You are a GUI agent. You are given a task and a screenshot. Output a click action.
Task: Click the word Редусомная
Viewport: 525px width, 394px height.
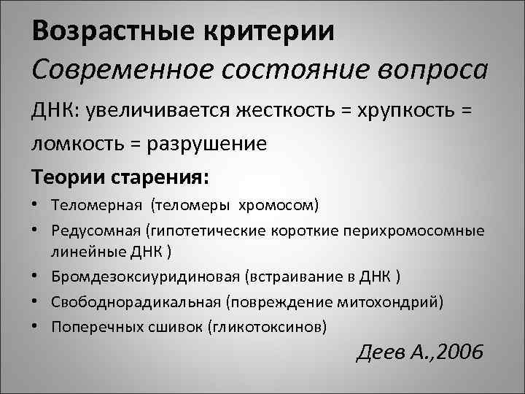point(98,231)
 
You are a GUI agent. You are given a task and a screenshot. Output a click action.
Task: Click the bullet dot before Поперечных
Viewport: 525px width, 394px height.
point(39,325)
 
